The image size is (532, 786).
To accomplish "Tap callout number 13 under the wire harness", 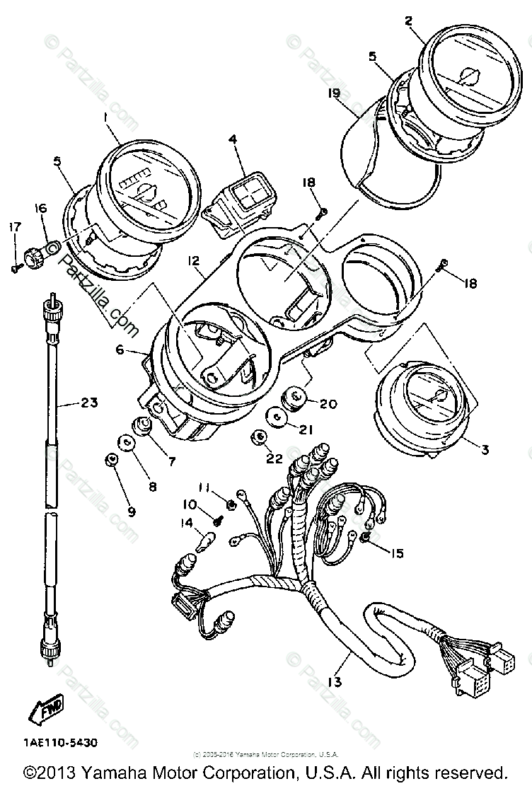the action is coord(334,681).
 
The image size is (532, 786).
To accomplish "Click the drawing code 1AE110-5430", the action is coord(61,742).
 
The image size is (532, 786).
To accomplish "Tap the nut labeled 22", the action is coord(258,439).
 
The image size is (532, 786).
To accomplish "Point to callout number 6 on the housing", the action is coord(120,349).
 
